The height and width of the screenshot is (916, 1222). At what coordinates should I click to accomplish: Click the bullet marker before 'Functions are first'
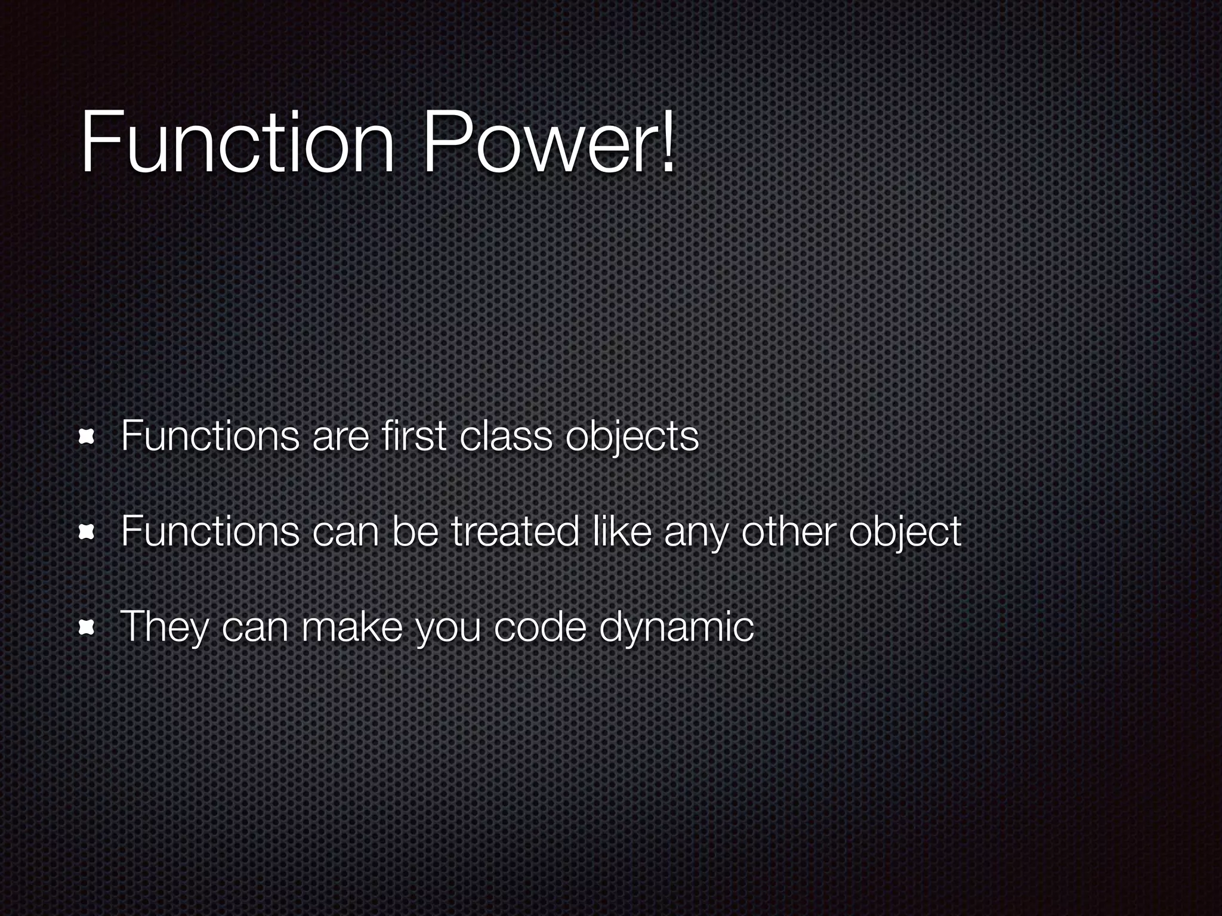87,438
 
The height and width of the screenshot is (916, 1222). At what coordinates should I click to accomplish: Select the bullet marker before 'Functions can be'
87,532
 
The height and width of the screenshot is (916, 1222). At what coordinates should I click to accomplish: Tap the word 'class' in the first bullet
506,436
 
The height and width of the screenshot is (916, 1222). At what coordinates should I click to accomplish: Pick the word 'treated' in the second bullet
515,531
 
